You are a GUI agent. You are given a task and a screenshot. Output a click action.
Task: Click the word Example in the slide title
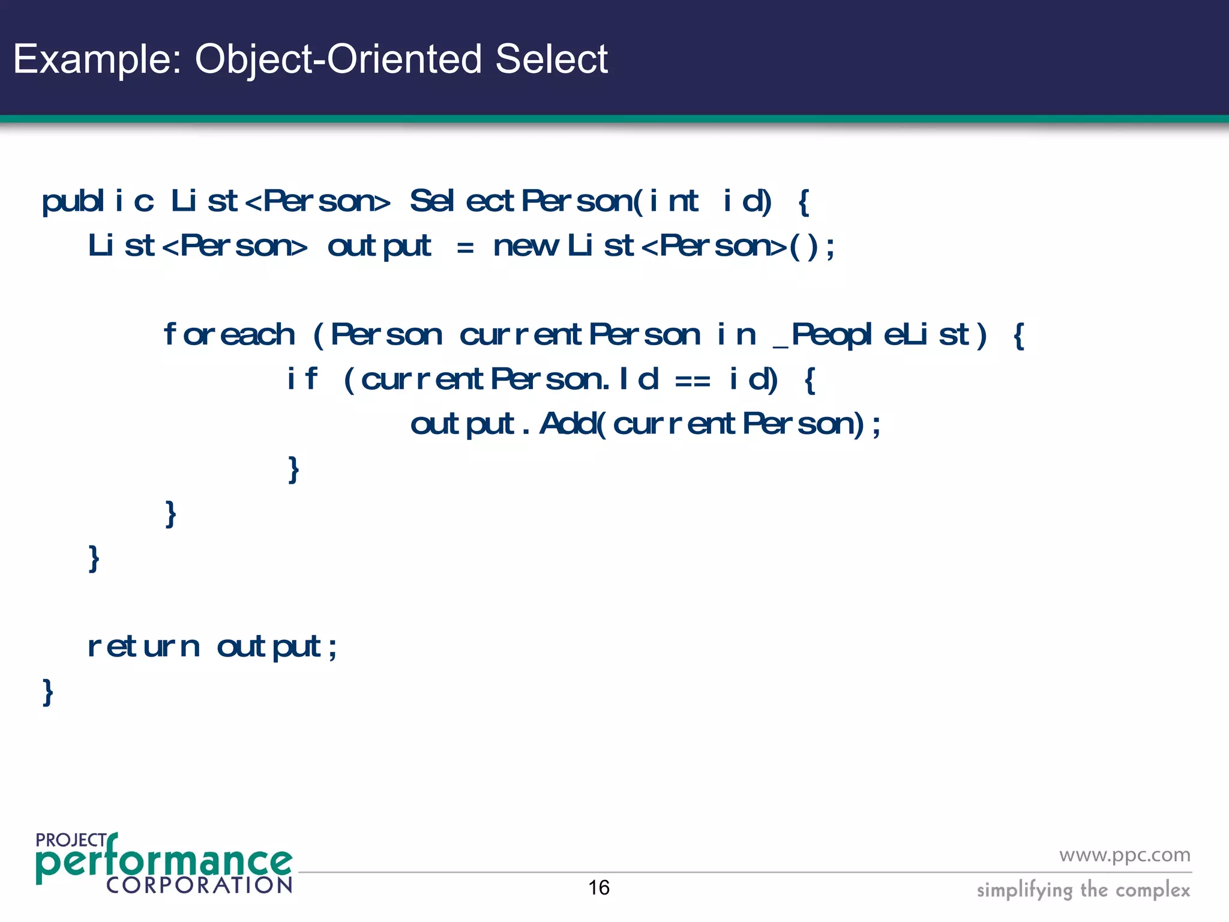96,59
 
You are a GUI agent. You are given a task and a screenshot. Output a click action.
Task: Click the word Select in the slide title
551,59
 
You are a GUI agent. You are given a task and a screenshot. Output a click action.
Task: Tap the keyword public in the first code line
98,201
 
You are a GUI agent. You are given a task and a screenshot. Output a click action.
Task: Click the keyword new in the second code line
525,246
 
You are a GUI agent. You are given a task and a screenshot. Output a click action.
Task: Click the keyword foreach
229,334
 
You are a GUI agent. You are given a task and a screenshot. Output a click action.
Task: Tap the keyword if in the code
302,379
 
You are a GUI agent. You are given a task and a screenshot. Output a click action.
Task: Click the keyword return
143,647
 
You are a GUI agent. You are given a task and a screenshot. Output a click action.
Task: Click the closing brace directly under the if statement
293,469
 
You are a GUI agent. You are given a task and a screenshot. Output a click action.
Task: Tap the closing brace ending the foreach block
171,514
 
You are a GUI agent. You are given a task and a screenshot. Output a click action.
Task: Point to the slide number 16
598,888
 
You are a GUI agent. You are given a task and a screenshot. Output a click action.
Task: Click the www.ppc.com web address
1124,855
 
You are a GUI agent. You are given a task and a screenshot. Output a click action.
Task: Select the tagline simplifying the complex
1083,890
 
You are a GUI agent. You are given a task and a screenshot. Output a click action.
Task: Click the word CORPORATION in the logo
199,885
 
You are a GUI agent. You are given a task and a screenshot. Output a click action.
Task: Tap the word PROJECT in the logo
71,840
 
